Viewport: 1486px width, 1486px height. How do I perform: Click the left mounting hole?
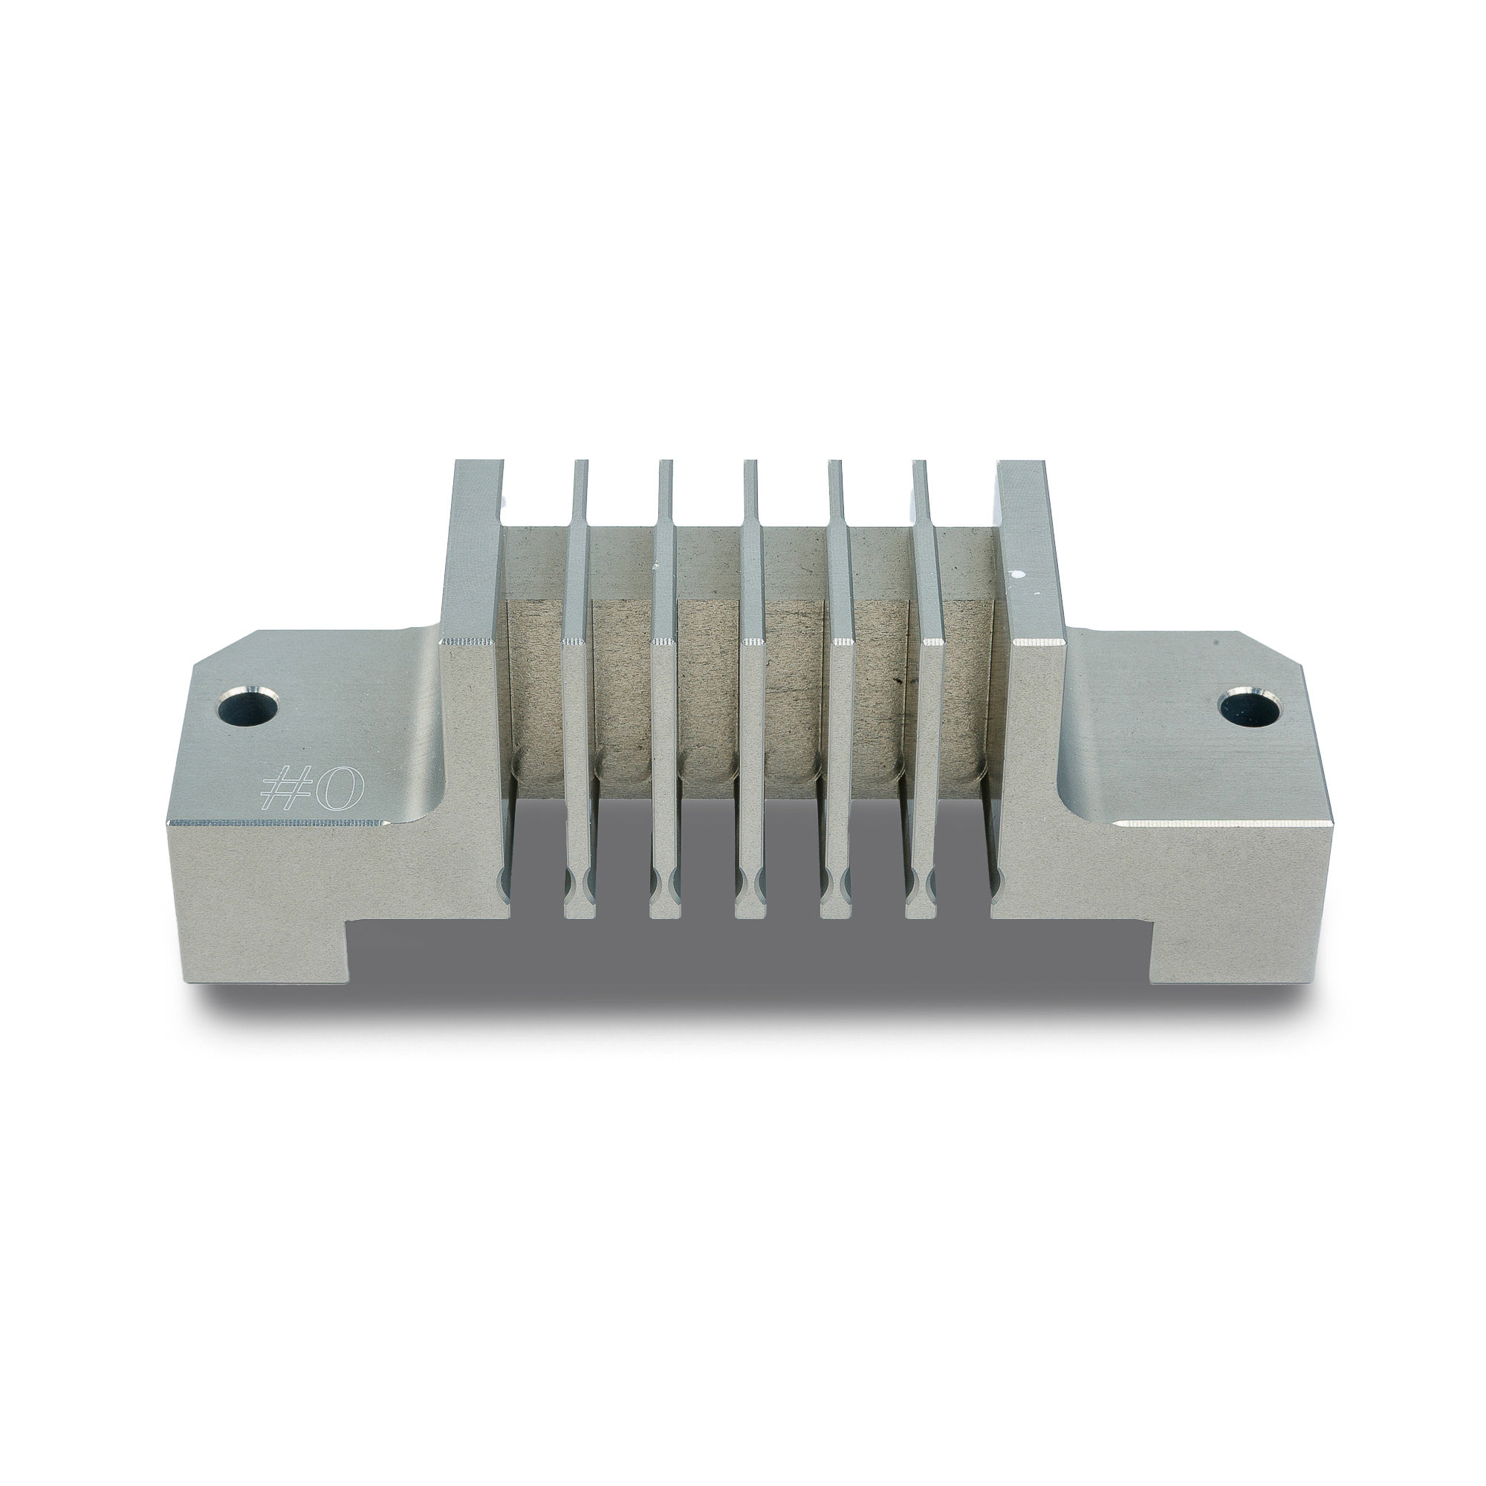[247, 706]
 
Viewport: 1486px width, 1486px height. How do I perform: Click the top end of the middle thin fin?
[751, 462]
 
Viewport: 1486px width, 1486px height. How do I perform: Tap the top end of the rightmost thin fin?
[921, 462]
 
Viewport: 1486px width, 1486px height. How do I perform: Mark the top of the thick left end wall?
[478, 463]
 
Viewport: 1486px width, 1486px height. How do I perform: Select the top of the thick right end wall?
[1020, 463]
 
